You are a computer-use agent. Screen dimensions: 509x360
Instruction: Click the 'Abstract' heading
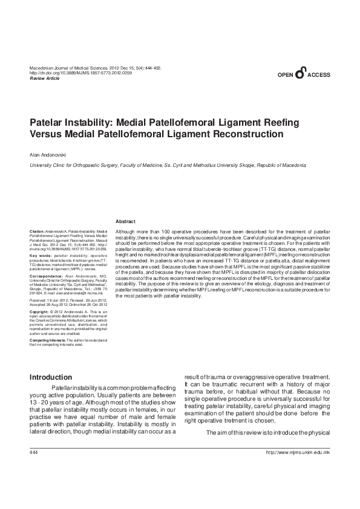click(x=126, y=222)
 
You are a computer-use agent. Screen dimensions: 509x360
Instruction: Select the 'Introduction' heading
click(x=51, y=378)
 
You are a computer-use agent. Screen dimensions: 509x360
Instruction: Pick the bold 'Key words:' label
click(x=41, y=256)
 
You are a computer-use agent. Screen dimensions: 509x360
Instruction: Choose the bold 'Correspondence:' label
click(x=46, y=275)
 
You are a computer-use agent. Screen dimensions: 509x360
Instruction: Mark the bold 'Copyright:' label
click(x=41, y=311)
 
